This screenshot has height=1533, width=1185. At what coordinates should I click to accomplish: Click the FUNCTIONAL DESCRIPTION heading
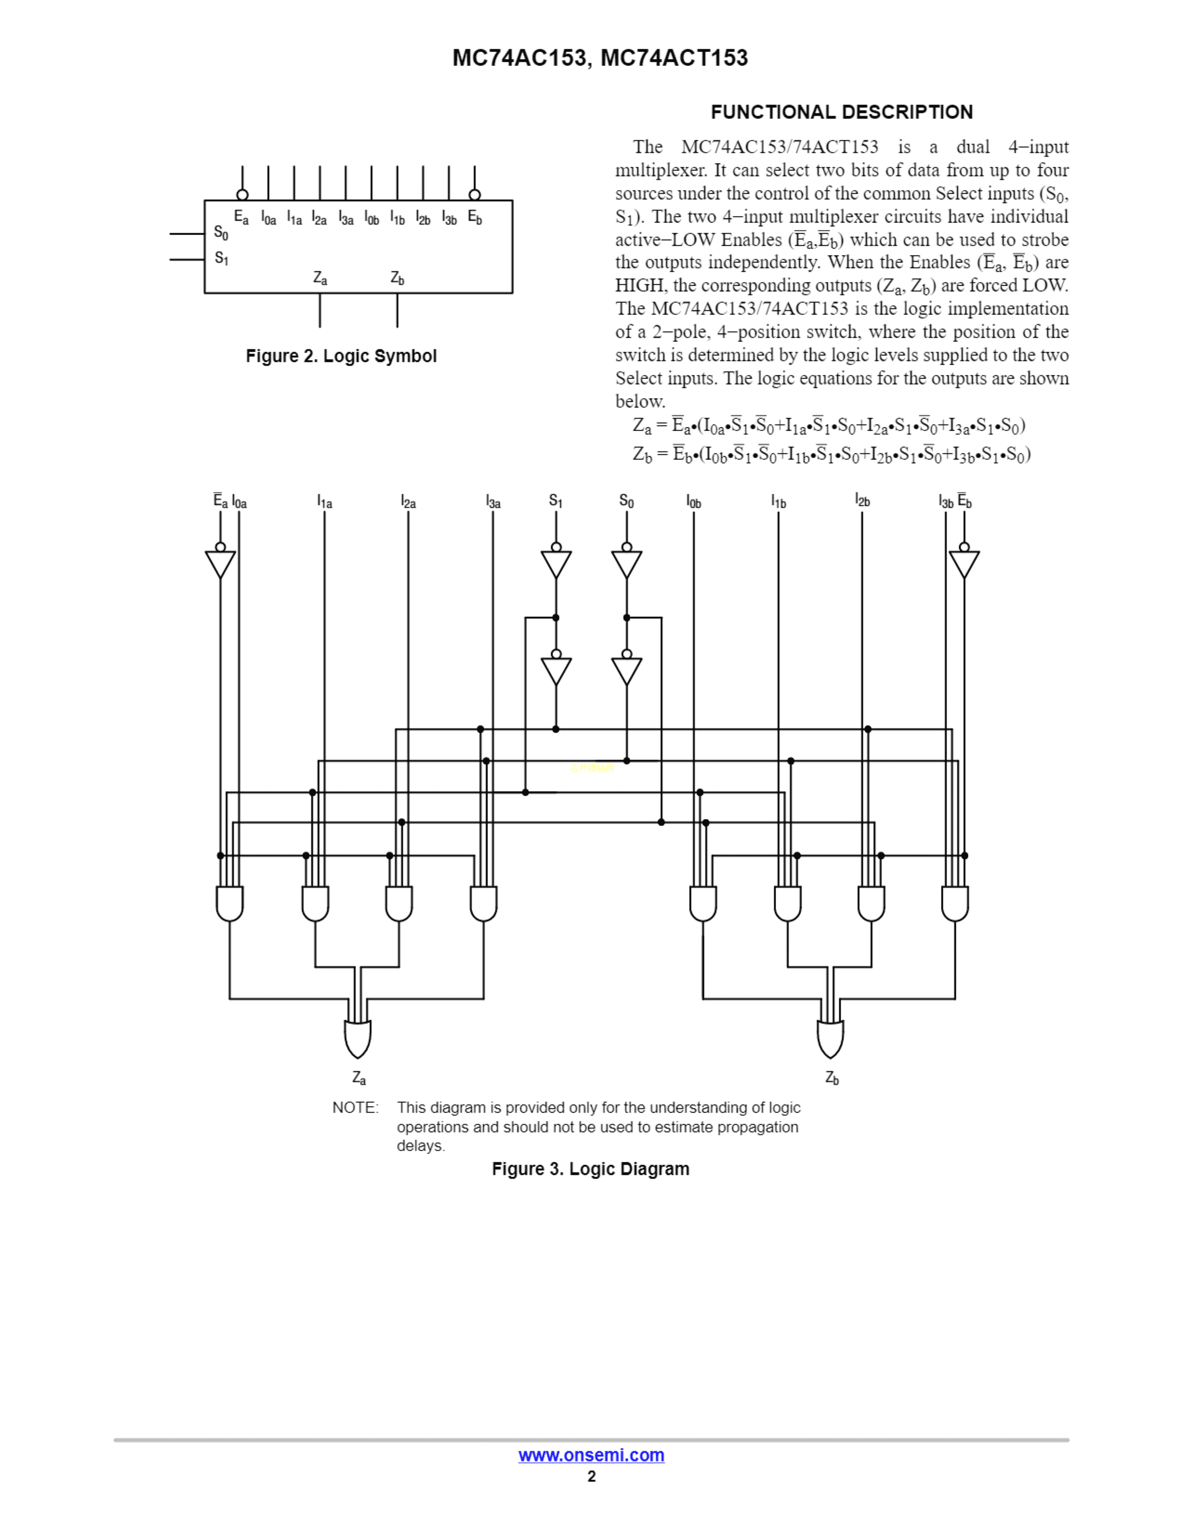(841, 112)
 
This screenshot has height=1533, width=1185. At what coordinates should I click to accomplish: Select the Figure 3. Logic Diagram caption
(590, 1169)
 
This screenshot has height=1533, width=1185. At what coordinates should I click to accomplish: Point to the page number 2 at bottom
(591, 1477)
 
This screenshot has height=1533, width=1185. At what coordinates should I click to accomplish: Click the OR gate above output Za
(357, 1039)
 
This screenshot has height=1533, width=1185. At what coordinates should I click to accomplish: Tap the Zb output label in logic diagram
(832, 1077)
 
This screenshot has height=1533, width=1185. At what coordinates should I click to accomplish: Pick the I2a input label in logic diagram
(408, 502)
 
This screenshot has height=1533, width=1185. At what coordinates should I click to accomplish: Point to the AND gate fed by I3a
(484, 904)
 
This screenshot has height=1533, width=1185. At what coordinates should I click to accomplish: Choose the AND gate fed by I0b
(703, 904)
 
